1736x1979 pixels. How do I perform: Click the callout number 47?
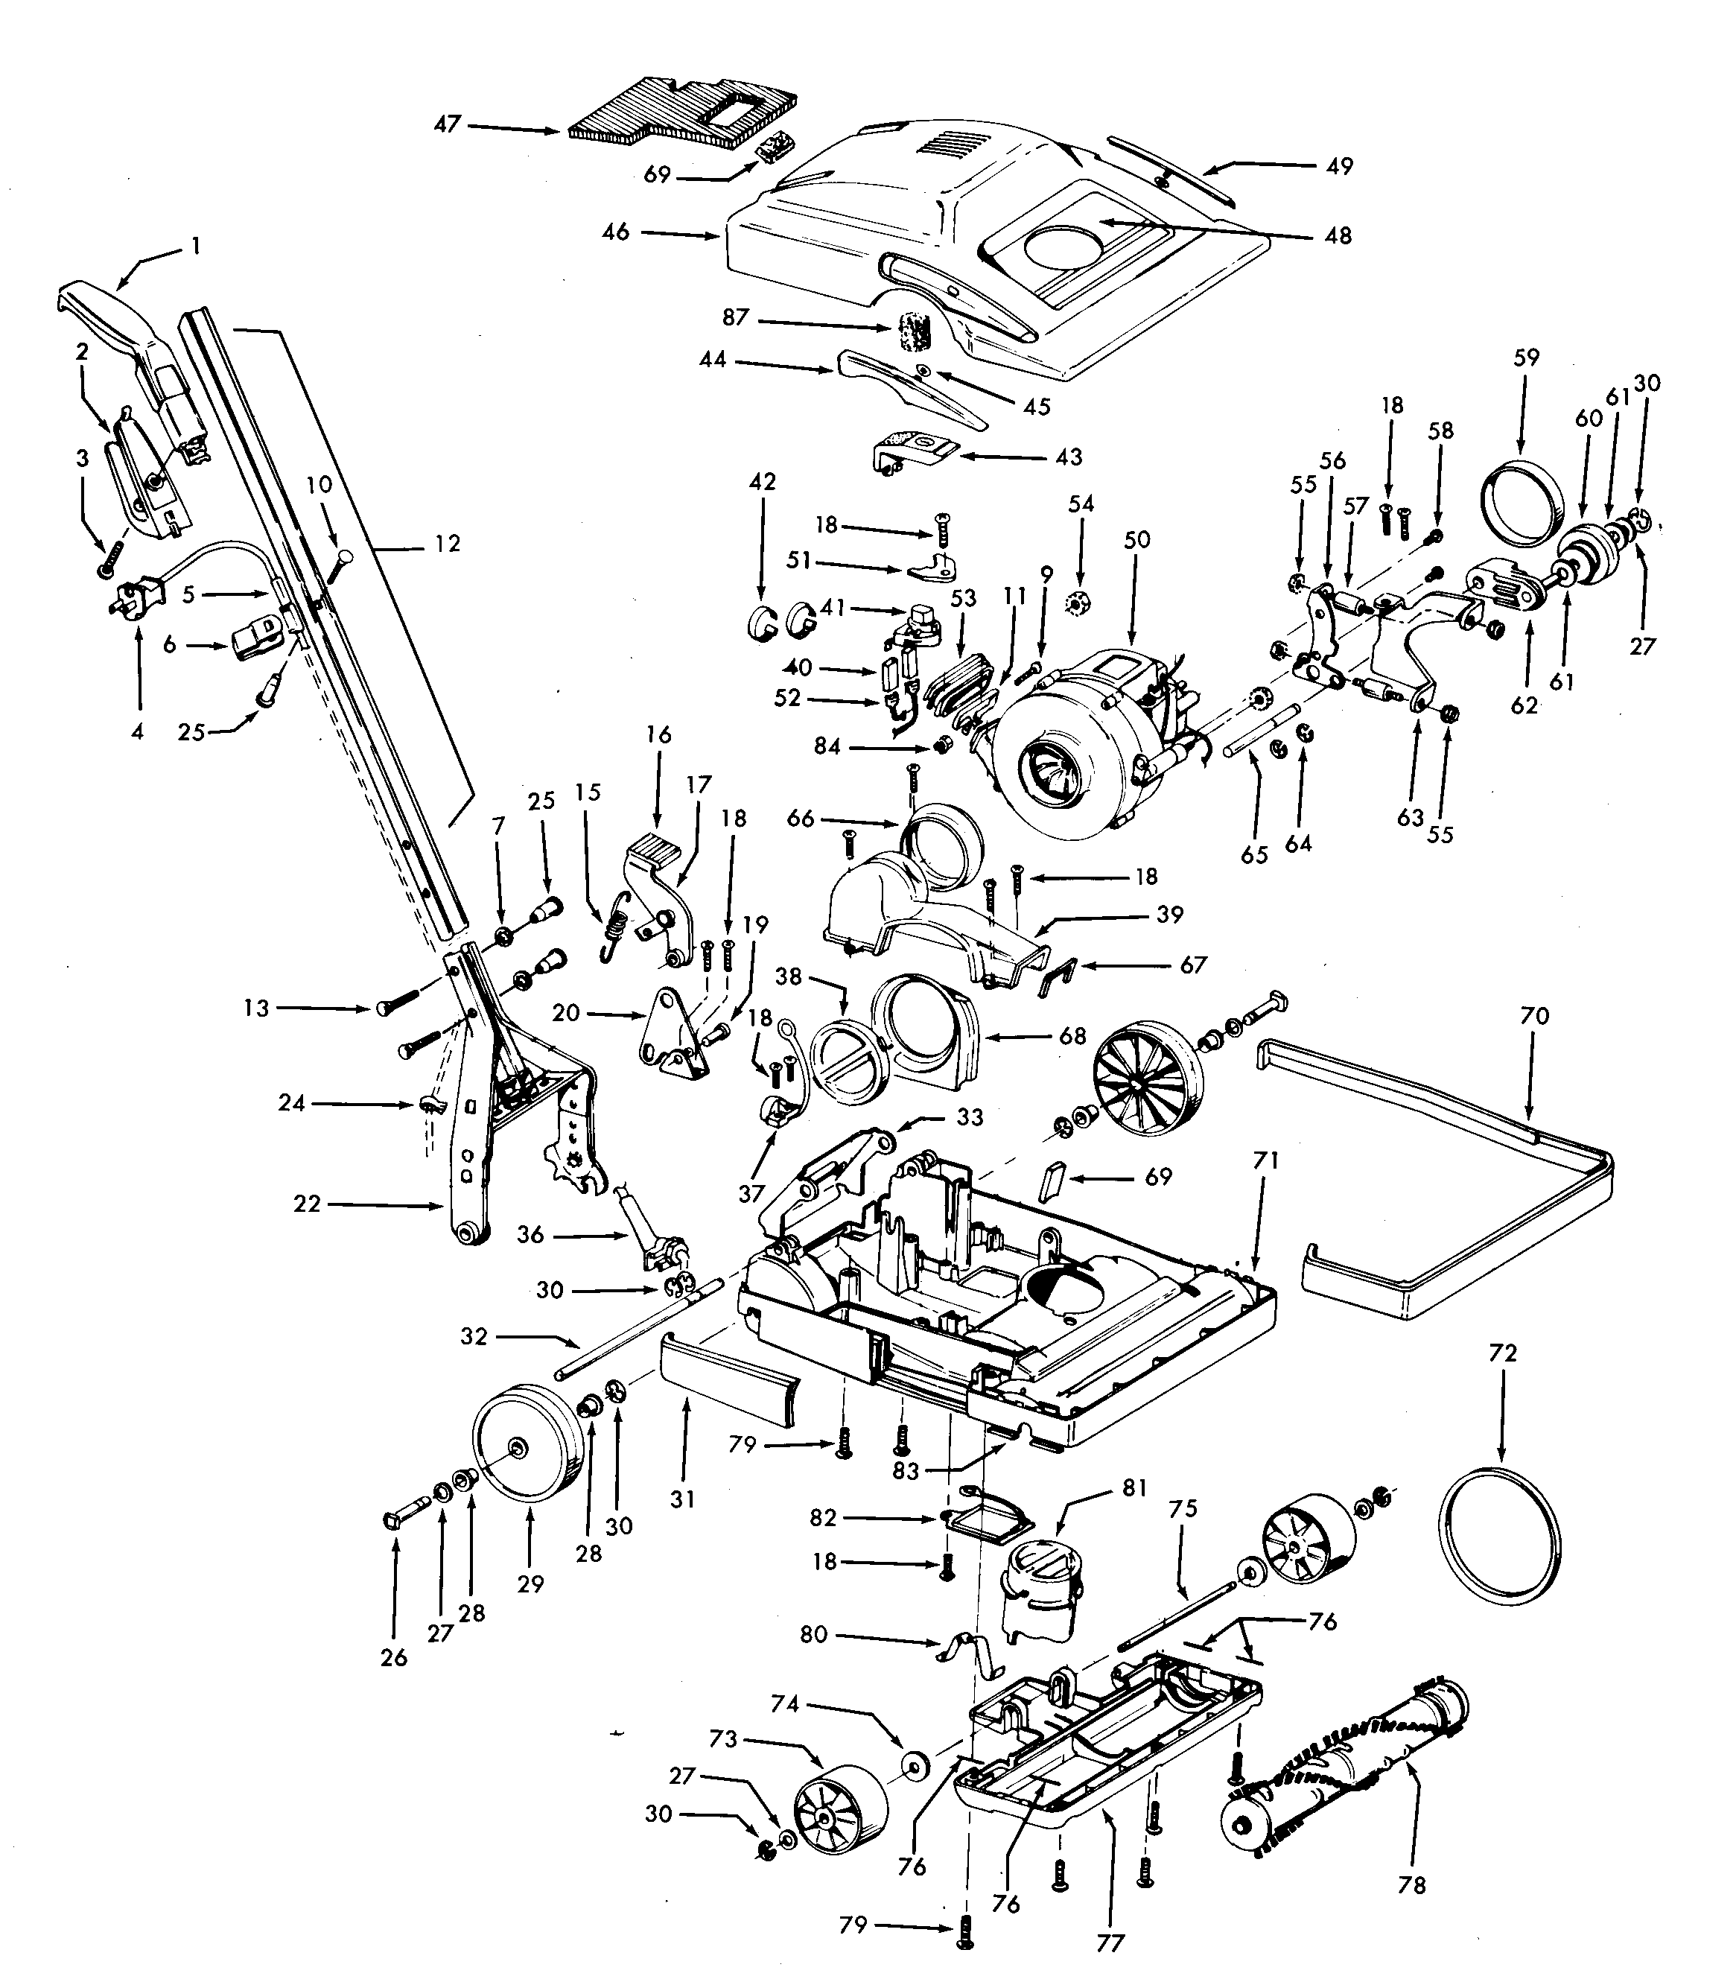[446, 125]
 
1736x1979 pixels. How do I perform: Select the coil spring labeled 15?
[614, 930]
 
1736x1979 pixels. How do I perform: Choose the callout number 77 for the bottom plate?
[1110, 1943]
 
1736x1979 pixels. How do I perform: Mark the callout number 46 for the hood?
[616, 232]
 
